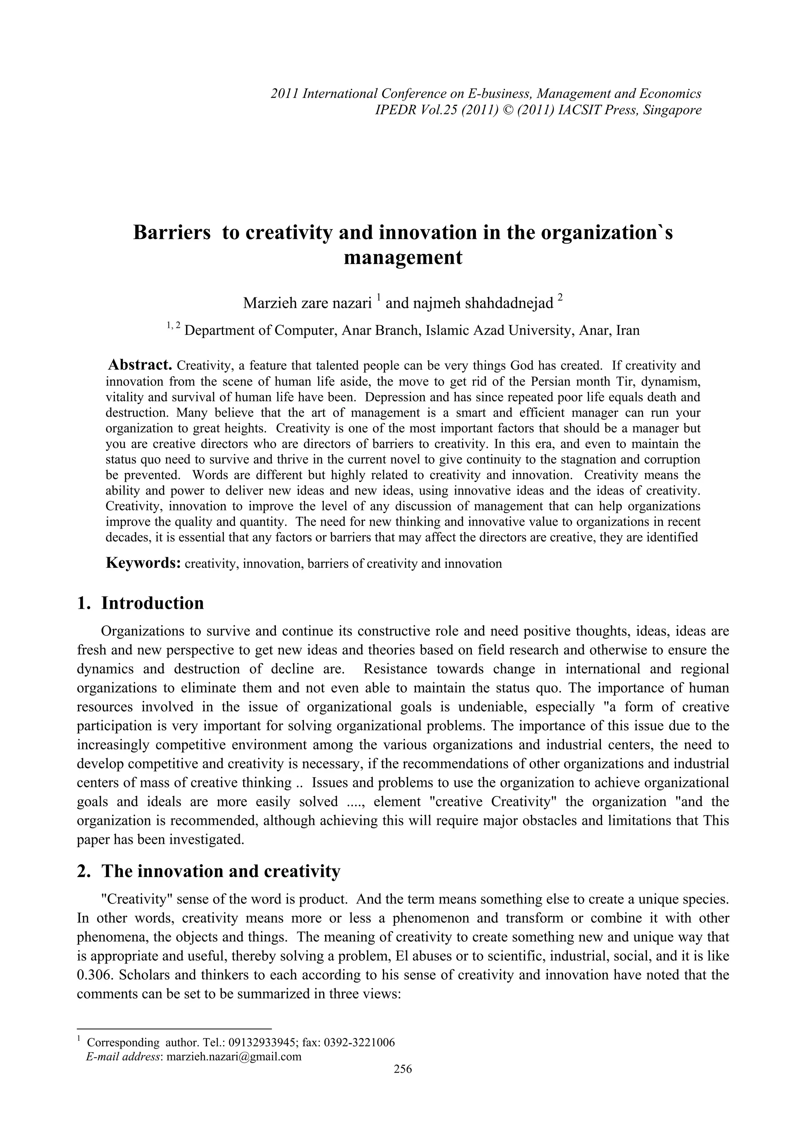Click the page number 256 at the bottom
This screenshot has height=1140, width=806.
[403, 1069]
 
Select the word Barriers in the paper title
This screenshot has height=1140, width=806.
[171, 233]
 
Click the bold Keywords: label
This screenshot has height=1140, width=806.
[143, 563]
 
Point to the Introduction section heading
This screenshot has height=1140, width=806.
[152, 603]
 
